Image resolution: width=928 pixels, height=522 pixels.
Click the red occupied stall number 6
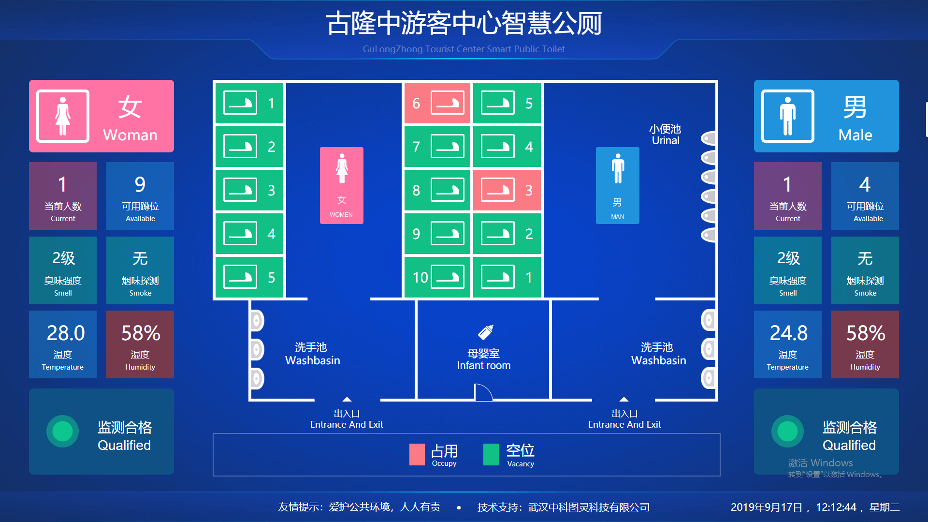point(437,103)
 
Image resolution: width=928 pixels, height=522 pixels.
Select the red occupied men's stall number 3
point(507,190)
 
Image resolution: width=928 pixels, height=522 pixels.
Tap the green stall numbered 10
point(437,277)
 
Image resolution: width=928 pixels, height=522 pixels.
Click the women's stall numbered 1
point(249,103)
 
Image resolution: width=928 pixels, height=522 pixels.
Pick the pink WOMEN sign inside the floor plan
point(341,185)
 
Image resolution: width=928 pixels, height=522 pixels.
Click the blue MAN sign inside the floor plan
point(617,185)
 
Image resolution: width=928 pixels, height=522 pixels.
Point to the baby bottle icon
point(485,332)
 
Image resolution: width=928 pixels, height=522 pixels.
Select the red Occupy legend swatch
point(417,454)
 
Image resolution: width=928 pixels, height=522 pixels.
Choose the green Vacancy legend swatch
point(491,454)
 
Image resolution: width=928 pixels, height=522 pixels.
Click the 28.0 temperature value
point(65,333)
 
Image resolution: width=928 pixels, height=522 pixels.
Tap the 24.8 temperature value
point(788,333)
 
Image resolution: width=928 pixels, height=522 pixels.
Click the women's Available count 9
point(140,184)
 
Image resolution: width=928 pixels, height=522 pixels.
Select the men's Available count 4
point(865,184)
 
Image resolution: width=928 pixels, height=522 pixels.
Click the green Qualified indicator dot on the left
point(62,431)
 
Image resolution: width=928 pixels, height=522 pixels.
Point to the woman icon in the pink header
point(63,116)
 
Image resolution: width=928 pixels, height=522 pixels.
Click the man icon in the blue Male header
point(787,116)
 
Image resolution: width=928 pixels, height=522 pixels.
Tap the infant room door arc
point(483,392)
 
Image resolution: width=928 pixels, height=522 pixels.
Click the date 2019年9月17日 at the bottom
point(766,507)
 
